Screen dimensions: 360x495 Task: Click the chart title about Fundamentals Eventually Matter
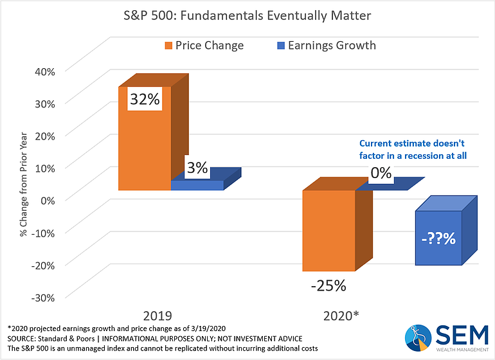247,14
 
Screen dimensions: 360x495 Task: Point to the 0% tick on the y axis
47,199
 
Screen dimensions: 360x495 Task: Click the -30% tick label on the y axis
41,297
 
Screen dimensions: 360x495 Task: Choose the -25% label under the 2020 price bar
328,285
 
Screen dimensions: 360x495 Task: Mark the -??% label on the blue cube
438,239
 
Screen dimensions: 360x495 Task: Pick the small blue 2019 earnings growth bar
197,185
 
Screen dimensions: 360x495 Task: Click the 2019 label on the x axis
157,318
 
